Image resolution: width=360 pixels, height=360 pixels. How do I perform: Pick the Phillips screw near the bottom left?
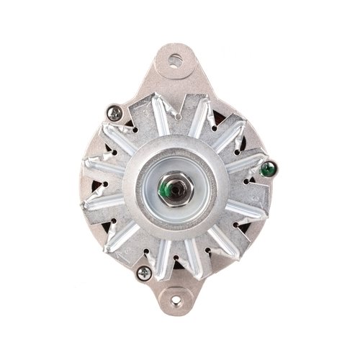click(144, 272)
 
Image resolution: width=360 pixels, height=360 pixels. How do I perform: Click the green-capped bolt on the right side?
click(267, 170)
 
